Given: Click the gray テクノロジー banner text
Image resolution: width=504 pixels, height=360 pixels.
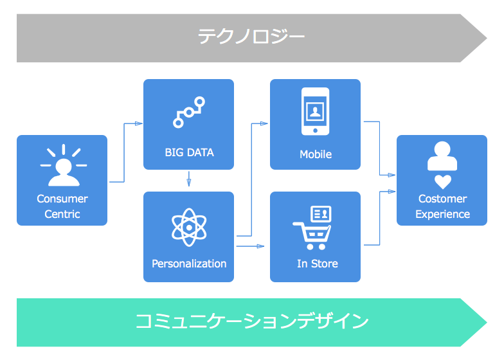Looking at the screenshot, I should pos(251,37).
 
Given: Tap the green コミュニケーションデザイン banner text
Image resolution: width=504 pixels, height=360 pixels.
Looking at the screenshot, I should pos(251,321).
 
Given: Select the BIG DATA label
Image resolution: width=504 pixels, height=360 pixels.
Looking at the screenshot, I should pos(189,153).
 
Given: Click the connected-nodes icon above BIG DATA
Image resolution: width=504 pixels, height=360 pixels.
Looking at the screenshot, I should pos(189,112).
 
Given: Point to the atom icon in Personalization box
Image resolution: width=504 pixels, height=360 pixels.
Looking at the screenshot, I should pos(189,227).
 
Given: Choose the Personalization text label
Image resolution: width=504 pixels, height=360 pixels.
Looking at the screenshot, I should pos(189,264).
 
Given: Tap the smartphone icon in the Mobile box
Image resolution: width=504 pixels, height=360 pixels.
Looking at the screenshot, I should pos(315,111).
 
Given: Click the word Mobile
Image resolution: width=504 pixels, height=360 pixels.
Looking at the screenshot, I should pos(316,154).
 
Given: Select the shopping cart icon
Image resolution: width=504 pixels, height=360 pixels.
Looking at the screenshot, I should pos(311,235).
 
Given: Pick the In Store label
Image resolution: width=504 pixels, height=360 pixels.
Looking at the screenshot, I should pos(317,264).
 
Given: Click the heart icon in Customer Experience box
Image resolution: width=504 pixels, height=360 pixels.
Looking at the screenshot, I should pos(442,181).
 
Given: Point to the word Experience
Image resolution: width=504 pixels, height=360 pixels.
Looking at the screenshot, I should pos(442,215).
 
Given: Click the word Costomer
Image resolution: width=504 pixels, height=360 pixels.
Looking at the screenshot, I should pos(442,199).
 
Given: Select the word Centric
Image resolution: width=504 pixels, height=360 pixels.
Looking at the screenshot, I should pos(62,215).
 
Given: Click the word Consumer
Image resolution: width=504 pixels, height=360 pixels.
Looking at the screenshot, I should pos(62,199).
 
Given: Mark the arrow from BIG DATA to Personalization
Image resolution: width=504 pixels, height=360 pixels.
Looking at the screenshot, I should pos(189,179).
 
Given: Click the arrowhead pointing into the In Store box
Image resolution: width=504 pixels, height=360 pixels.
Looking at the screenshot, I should pos(261,246).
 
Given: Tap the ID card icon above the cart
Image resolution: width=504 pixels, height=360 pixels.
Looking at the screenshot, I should pos(320,213).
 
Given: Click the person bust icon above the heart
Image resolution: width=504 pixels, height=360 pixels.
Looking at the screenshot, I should pos(442,156).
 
